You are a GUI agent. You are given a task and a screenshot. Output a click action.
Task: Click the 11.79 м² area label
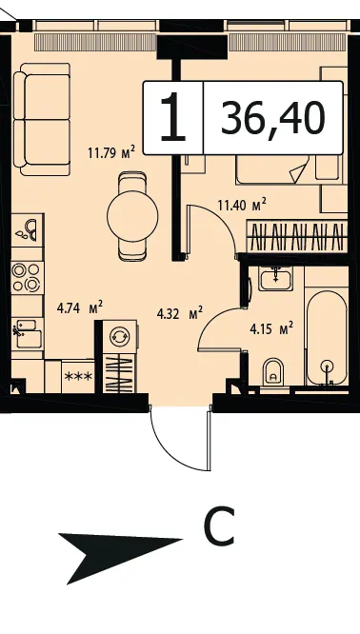click(x=110, y=153)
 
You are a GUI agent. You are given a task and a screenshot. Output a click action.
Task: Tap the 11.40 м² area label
click(x=242, y=205)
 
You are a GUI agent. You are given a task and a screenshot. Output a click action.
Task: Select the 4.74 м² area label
click(x=80, y=308)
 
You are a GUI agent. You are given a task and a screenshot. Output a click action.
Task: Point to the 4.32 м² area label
click(x=179, y=313)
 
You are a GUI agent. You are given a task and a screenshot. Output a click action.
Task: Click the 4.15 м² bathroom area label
click(x=271, y=329)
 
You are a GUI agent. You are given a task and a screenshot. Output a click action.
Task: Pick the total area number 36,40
click(x=273, y=118)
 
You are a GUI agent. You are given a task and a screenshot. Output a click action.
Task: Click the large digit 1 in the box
click(x=172, y=117)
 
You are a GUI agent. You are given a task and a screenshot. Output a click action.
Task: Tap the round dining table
click(x=132, y=216)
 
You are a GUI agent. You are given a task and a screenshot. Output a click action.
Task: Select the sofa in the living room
click(x=42, y=119)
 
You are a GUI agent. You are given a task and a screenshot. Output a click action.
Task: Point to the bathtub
click(x=327, y=338)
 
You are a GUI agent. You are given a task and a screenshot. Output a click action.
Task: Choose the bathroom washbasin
click(x=275, y=279)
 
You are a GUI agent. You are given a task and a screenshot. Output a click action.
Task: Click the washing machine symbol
click(x=119, y=336)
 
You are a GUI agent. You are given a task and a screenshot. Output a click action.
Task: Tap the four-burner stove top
click(x=27, y=277)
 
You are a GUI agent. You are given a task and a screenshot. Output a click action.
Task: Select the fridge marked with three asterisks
click(x=78, y=377)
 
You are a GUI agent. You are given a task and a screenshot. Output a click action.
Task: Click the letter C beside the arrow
click(x=219, y=525)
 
